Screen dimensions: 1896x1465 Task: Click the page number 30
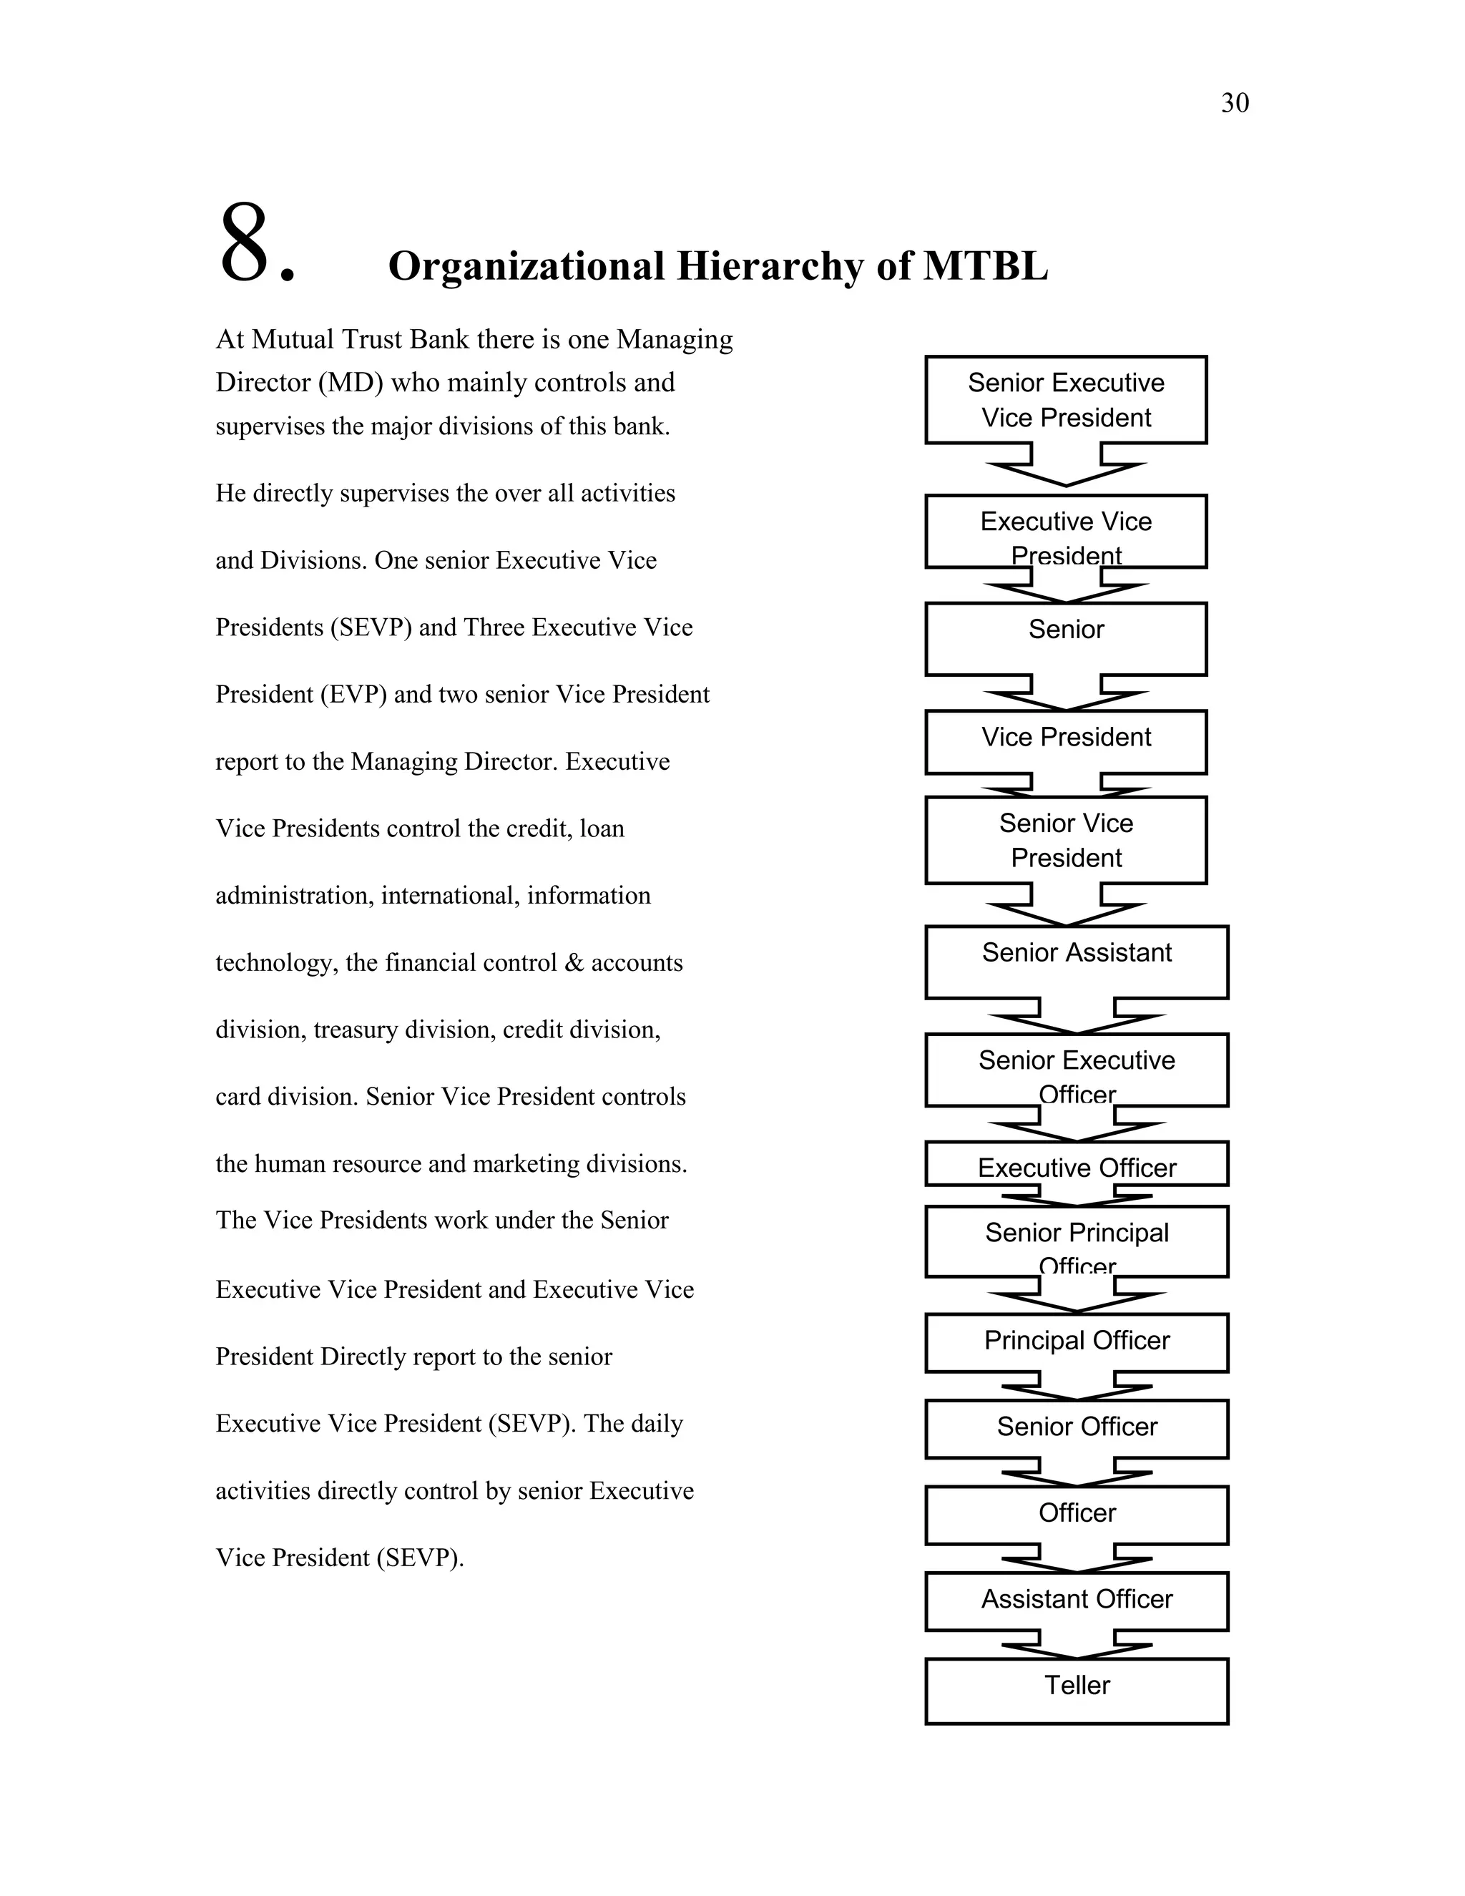[x=1234, y=103]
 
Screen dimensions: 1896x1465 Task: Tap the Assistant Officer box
[x=1076, y=1600]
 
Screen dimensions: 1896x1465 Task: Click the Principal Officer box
[x=1076, y=1342]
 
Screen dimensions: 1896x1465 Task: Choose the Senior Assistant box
[x=1076, y=961]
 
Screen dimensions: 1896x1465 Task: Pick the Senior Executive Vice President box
[x=1066, y=399]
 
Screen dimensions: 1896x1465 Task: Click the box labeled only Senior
[x=1066, y=638]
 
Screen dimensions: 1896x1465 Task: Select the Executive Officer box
[x=1076, y=1164]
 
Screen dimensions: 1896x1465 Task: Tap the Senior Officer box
[x=1076, y=1428]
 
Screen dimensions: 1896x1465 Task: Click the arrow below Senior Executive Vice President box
[x=1066, y=467]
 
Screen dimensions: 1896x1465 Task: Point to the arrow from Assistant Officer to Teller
[x=1076, y=1644]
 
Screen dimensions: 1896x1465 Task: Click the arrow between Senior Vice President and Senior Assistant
[x=1066, y=906]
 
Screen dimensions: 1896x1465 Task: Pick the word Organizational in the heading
[x=526, y=265]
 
